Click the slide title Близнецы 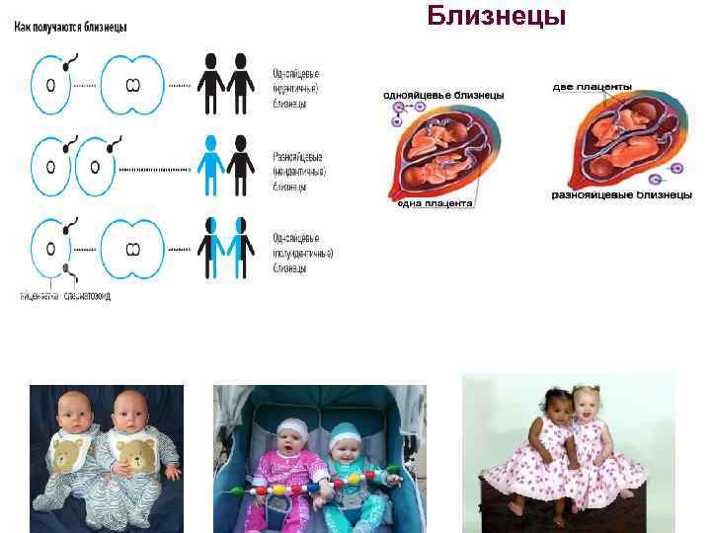coord(497,17)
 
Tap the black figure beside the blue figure coord(239,163)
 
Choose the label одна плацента coord(435,203)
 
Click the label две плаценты coord(592,87)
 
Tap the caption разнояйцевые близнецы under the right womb coord(620,194)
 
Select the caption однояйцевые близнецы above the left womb coord(443,95)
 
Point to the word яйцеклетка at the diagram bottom coord(39,295)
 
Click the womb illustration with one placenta coord(434,148)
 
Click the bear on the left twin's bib coord(67,456)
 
